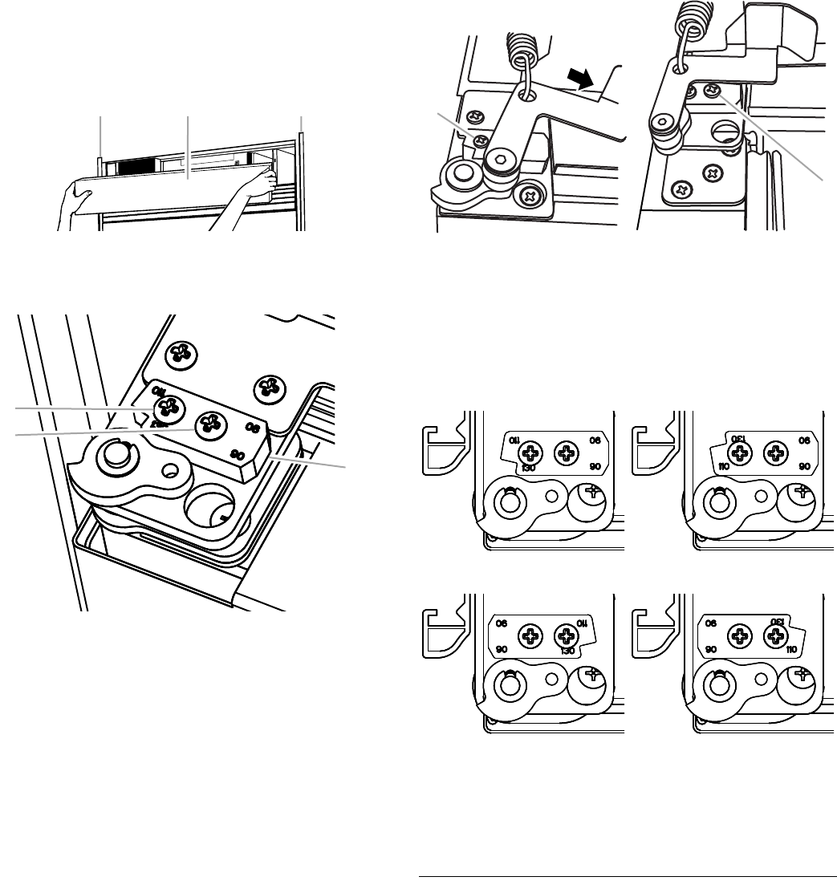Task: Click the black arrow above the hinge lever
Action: (583, 79)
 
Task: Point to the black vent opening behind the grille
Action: (135, 166)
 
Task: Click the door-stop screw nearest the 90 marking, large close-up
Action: (212, 422)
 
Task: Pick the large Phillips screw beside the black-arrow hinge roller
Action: (530, 193)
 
